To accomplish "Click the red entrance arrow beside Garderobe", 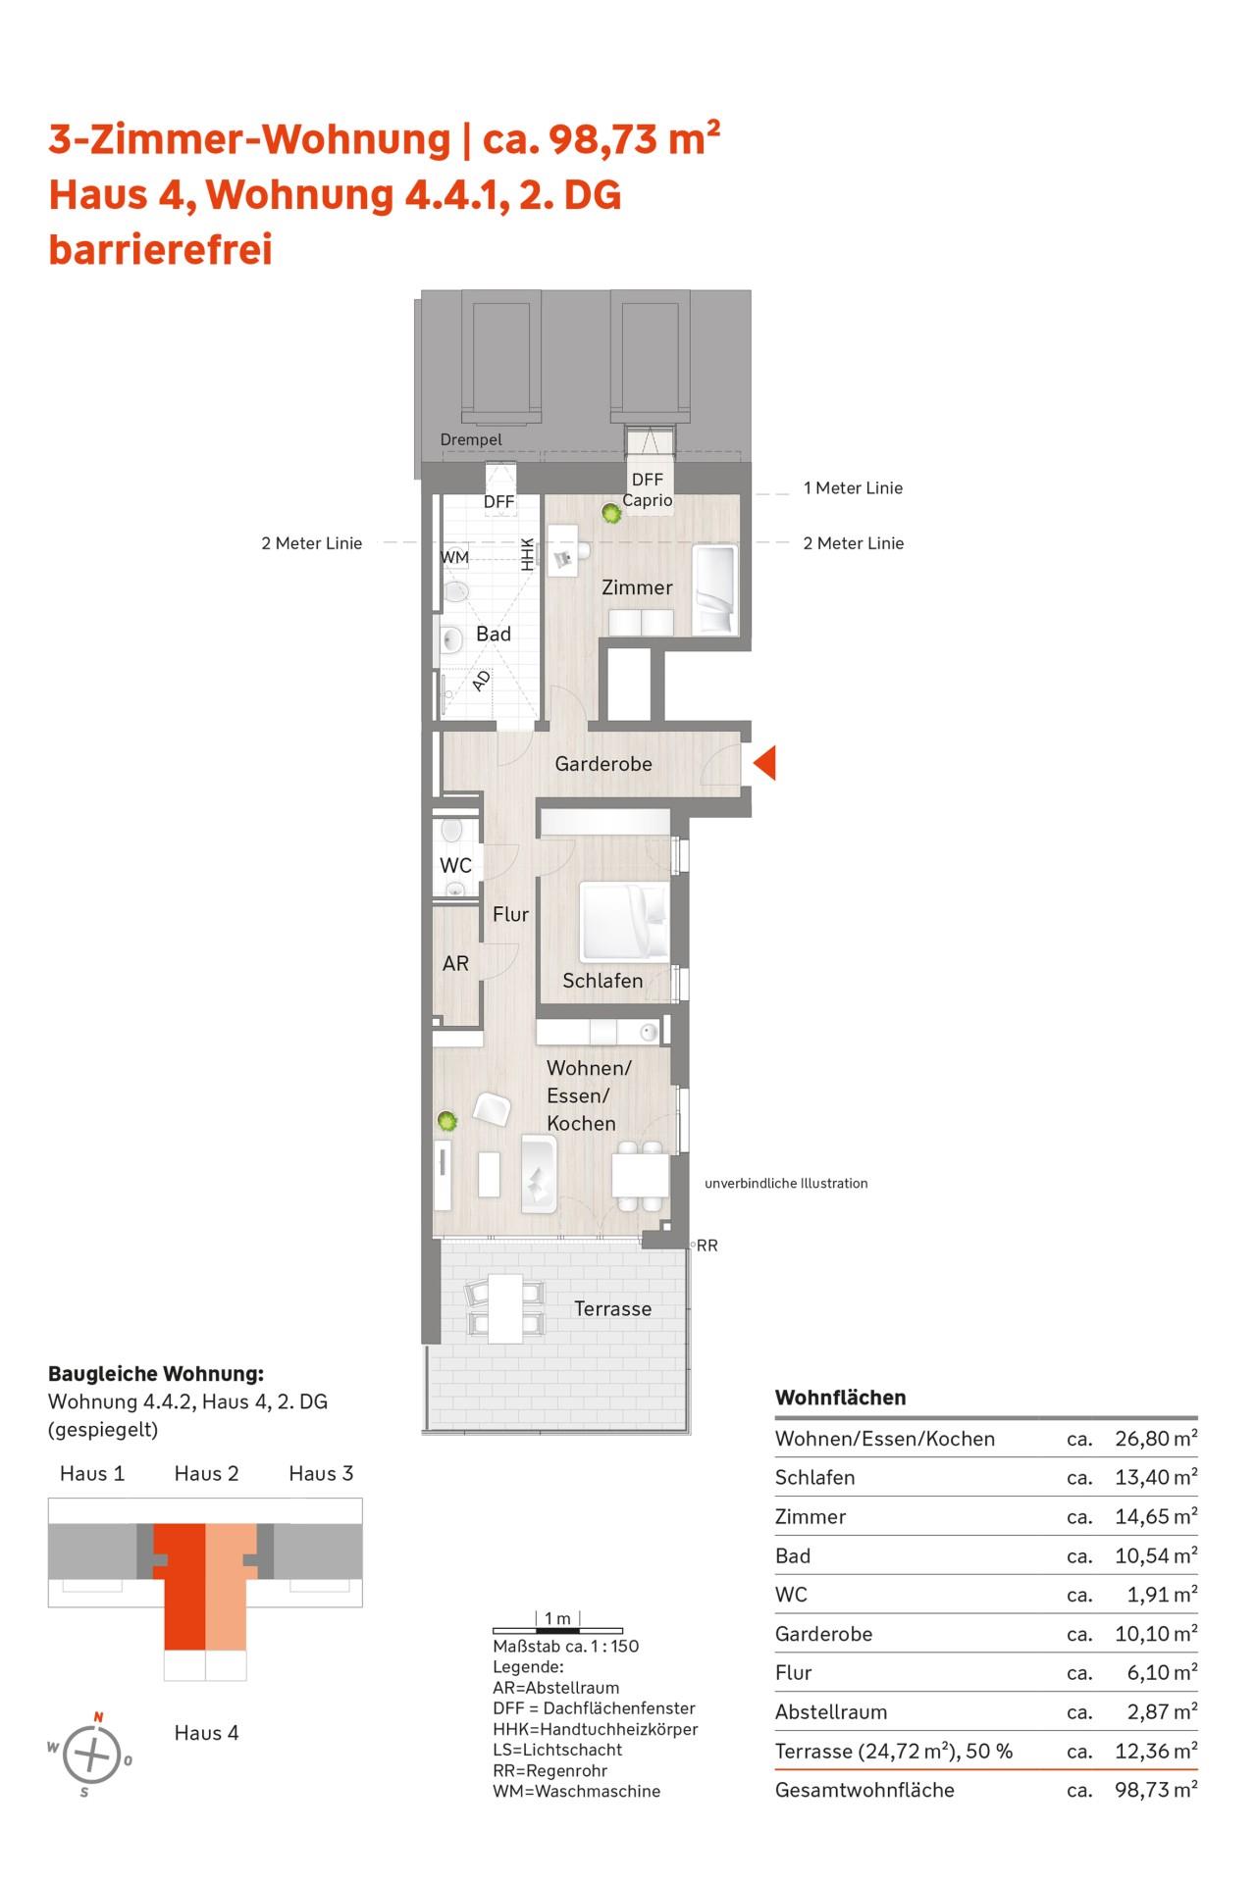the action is (x=765, y=762).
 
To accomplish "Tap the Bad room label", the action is (x=494, y=635).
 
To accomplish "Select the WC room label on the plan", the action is (x=456, y=866).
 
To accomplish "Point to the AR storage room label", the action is (x=455, y=963).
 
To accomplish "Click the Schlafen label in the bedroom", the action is (x=602, y=981).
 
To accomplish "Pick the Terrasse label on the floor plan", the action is (x=612, y=1308).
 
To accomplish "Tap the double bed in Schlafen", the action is (x=625, y=921).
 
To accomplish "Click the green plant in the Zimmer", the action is (x=612, y=512).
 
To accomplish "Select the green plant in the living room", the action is (x=447, y=1120).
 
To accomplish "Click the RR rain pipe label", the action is (x=706, y=1246).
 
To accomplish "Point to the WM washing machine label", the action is (x=455, y=557).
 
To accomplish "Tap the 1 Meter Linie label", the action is (x=853, y=487).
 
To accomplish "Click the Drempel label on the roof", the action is (x=471, y=440).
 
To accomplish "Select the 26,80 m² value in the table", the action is (x=1156, y=1439).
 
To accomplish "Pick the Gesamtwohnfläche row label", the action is (x=864, y=1790).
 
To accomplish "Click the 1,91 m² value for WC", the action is (x=1162, y=1595).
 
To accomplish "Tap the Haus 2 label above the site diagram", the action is (x=206, y=1473).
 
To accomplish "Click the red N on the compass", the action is (x=98, y=1716).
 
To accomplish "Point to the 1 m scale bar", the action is (x=557, y=1629).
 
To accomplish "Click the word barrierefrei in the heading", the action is (x=160, y=250).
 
